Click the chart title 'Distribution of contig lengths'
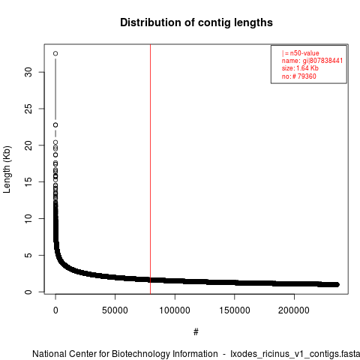click(x=196, y=22)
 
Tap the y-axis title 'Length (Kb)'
click(x=7, y=169)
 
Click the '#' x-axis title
click(x=196, y=331)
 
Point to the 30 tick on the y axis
click(x=28, y=72)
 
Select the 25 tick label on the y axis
click(x=28, y=109)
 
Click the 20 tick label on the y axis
click(x=28, y=145)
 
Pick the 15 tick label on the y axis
click(x=28, y=181)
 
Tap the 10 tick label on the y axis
click(x=28, y=218)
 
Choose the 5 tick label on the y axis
click(x=28, y=255)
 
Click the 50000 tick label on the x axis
click(x=115, y=310)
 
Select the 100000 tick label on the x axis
click(x=175, y=310)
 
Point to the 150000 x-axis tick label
click(x=235, y=310)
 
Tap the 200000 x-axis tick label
click(x=294, y=310)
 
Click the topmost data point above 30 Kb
click(x=55, y=53)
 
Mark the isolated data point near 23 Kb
click(x=55, y=125)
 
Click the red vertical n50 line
click(x=150, y=169)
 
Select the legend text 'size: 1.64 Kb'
click(x=300, y=68)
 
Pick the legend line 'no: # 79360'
click(x=299, y=76)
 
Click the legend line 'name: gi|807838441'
click(x=312, y=61)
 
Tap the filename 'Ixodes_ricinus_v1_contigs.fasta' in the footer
click(x=295, y=354)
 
